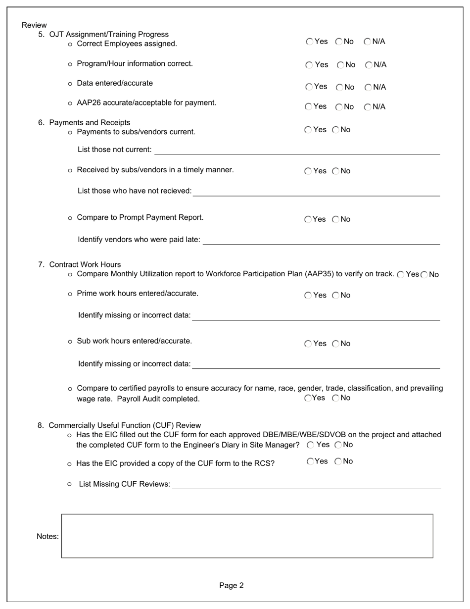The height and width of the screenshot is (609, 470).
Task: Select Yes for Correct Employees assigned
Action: (x=310, y=42)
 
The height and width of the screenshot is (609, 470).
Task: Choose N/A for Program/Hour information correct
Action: (x=369, y=65)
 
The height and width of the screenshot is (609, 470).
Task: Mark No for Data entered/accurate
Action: (x=340, y=88)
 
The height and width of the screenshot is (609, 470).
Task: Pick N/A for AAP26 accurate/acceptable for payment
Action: (x=368, y=107)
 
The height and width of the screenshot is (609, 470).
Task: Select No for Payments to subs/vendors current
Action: (x=336, y=130)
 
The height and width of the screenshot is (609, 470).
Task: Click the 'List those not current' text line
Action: (x=297, y=150)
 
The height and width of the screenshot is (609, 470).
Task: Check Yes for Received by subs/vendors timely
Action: (x=308, y=171)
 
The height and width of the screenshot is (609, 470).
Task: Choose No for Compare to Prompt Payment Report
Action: (x=336, y=219)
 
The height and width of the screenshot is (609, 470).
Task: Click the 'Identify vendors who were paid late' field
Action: (x=321, y=240)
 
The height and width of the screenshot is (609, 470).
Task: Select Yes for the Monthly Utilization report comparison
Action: (x=401, y=275)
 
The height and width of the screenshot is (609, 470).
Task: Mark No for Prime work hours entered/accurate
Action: (x=336, y=296)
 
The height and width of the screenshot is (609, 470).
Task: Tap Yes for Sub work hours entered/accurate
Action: (x=308, y=344)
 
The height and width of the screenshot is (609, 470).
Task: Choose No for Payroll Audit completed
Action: (x=336, y=398)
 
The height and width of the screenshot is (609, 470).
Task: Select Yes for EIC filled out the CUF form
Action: (x=311, y=445)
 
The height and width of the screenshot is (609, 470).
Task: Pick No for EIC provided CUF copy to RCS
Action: (x=338, y=461)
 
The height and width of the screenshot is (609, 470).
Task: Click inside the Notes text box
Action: (x=247, y=536)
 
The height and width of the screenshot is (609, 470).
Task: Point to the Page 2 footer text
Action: (x=232, y=586)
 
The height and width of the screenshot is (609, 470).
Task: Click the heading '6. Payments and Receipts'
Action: (x=84, y=123)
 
